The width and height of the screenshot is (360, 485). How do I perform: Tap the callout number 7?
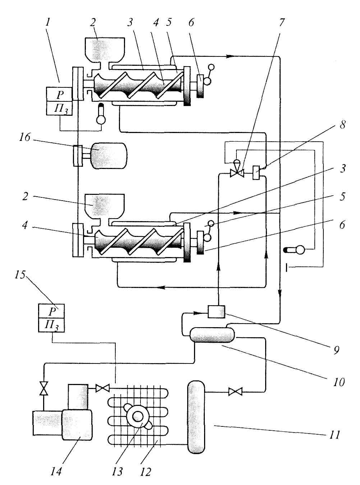[x=281, y=23]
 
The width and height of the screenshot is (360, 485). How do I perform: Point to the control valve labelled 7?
[x=237, y=173]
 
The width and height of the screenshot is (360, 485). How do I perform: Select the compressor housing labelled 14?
[x=77, y=424]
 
